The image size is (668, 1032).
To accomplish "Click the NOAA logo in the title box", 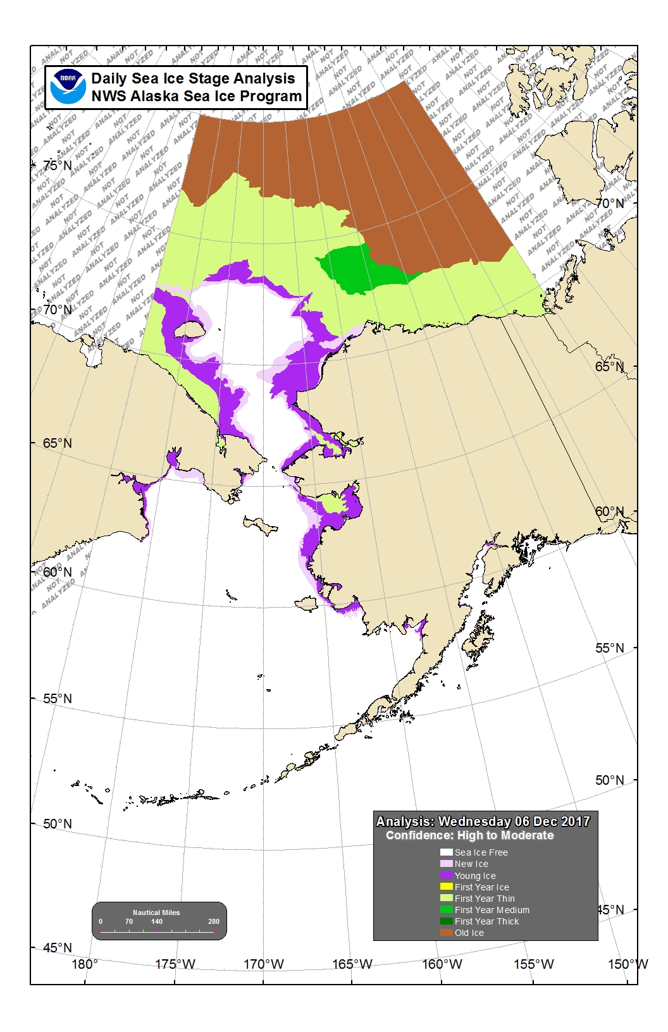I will coord(68,87).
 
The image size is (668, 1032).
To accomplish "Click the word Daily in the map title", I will coord(109,78).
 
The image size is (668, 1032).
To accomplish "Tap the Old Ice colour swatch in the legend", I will coord(447,933).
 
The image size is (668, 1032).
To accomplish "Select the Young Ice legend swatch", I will coord(447,876).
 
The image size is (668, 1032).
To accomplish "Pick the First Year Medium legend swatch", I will coord(447,910).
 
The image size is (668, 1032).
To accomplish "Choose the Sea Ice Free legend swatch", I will coord(447,852).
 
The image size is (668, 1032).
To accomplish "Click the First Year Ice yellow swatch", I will coord(447,887).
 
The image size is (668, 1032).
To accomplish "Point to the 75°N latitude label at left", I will coord(58,165).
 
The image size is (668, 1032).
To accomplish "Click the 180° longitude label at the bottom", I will coord(85,964).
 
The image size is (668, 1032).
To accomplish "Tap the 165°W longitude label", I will coord(352,964).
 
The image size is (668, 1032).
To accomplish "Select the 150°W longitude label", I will coord(628,964).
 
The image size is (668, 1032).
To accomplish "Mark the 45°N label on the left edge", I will coord(58,947).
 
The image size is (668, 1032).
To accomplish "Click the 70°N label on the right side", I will coord(609,204).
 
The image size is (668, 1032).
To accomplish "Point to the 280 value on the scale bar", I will coord(214,921).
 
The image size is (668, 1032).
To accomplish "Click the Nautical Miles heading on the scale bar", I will coord(156,912).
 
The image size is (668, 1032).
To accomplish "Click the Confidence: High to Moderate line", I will coord(469,835).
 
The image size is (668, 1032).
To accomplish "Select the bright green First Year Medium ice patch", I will coord(357,269).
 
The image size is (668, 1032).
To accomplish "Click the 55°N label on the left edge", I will coord(58,699).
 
